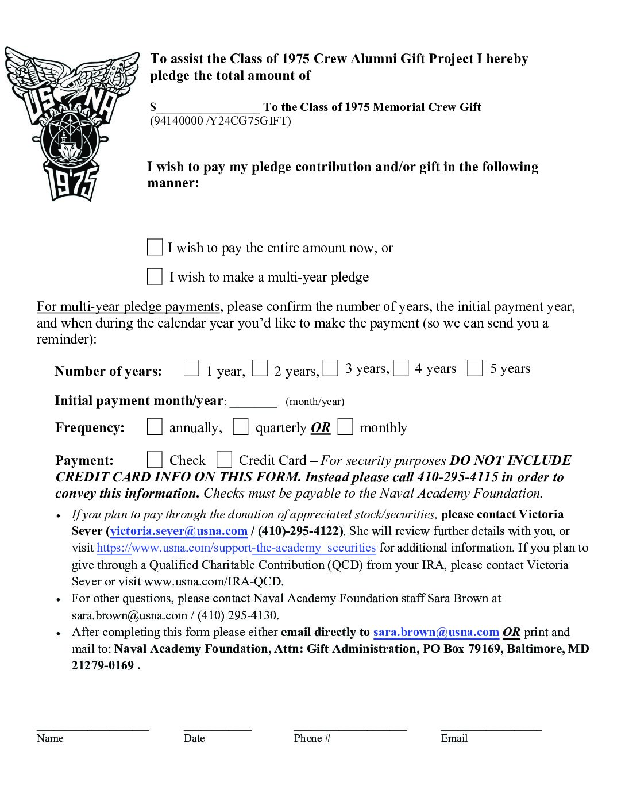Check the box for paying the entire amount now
[155, 247]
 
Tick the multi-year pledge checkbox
[155, 276]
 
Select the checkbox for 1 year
[191, 368]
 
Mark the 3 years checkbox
[330, 368]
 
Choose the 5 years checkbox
[475, 368]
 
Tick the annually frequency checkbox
[155, 427]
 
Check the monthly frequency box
[345, 427]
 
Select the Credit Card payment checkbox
[224, 460]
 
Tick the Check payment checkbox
[155, 460]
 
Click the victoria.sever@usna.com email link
[179, 531]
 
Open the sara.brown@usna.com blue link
[436, 632]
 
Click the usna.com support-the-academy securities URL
[236, 548]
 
